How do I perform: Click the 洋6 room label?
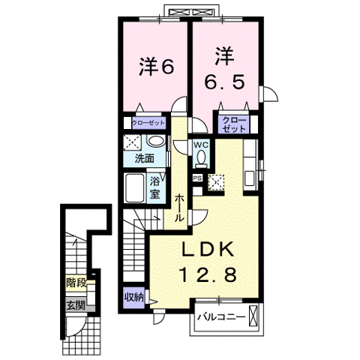tap(156, 66)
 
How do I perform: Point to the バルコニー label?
tap(220, 318)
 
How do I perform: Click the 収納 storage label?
tap(134, 296)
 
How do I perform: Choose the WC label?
tap(201, 145)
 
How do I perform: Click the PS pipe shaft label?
tap(198, 178)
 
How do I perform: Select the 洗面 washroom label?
tap(145, 158)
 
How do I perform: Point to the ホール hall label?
tap(181, 206)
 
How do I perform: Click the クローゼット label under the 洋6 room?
tap(148, 123)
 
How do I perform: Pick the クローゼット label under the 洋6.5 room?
tap(234, 124)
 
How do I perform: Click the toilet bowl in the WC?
tap(201, 158)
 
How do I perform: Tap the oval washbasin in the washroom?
tap(155, 142)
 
